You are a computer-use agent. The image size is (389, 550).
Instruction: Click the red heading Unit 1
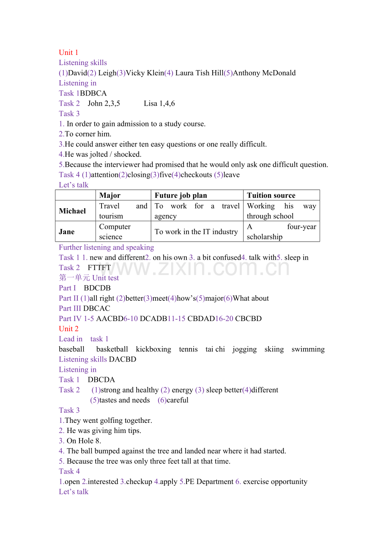point(68,52)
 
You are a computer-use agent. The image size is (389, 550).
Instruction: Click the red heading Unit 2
point(68,329)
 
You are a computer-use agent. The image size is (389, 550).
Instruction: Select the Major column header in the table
point(110,195)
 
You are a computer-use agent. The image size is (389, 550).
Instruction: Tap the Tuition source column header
point(271,195)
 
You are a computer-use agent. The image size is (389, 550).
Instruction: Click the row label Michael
point(72,211)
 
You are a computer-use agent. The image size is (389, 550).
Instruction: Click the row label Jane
point(67,231)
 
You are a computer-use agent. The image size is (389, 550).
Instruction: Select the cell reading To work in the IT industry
point(196,231)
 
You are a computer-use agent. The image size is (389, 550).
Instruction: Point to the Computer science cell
point(115,231)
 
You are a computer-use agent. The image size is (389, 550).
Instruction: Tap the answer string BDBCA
point(93,93)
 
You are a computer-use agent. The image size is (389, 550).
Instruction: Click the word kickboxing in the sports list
point(153,349)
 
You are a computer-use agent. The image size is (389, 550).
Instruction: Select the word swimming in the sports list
point(308,349)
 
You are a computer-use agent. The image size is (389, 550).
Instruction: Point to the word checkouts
point(196,174)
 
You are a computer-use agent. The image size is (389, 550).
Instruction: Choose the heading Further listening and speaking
point(106,247)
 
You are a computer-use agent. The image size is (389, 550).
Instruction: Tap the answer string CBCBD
point(248,319)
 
